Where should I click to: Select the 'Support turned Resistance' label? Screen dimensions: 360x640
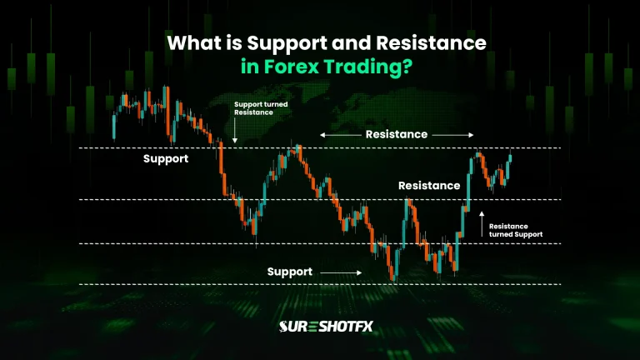point(254,108)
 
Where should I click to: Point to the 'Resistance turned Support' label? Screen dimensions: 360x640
point(515,230)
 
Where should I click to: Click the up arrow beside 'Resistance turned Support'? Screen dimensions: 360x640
point(481,222)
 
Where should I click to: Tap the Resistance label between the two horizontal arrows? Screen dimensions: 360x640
point(397,134)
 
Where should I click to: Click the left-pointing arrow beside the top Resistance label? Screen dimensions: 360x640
point(338,134)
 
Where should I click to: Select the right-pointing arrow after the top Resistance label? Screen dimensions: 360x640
point(453,134)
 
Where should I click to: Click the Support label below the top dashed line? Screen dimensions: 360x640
point(166,158)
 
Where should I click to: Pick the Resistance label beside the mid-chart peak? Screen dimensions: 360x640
point(428,186)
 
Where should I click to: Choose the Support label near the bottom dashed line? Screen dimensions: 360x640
point(290,272)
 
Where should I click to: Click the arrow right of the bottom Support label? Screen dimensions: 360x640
point(341,272)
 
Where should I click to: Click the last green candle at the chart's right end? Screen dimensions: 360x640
point(509,159)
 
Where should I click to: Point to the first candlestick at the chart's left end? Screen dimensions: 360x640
point(114,125)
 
